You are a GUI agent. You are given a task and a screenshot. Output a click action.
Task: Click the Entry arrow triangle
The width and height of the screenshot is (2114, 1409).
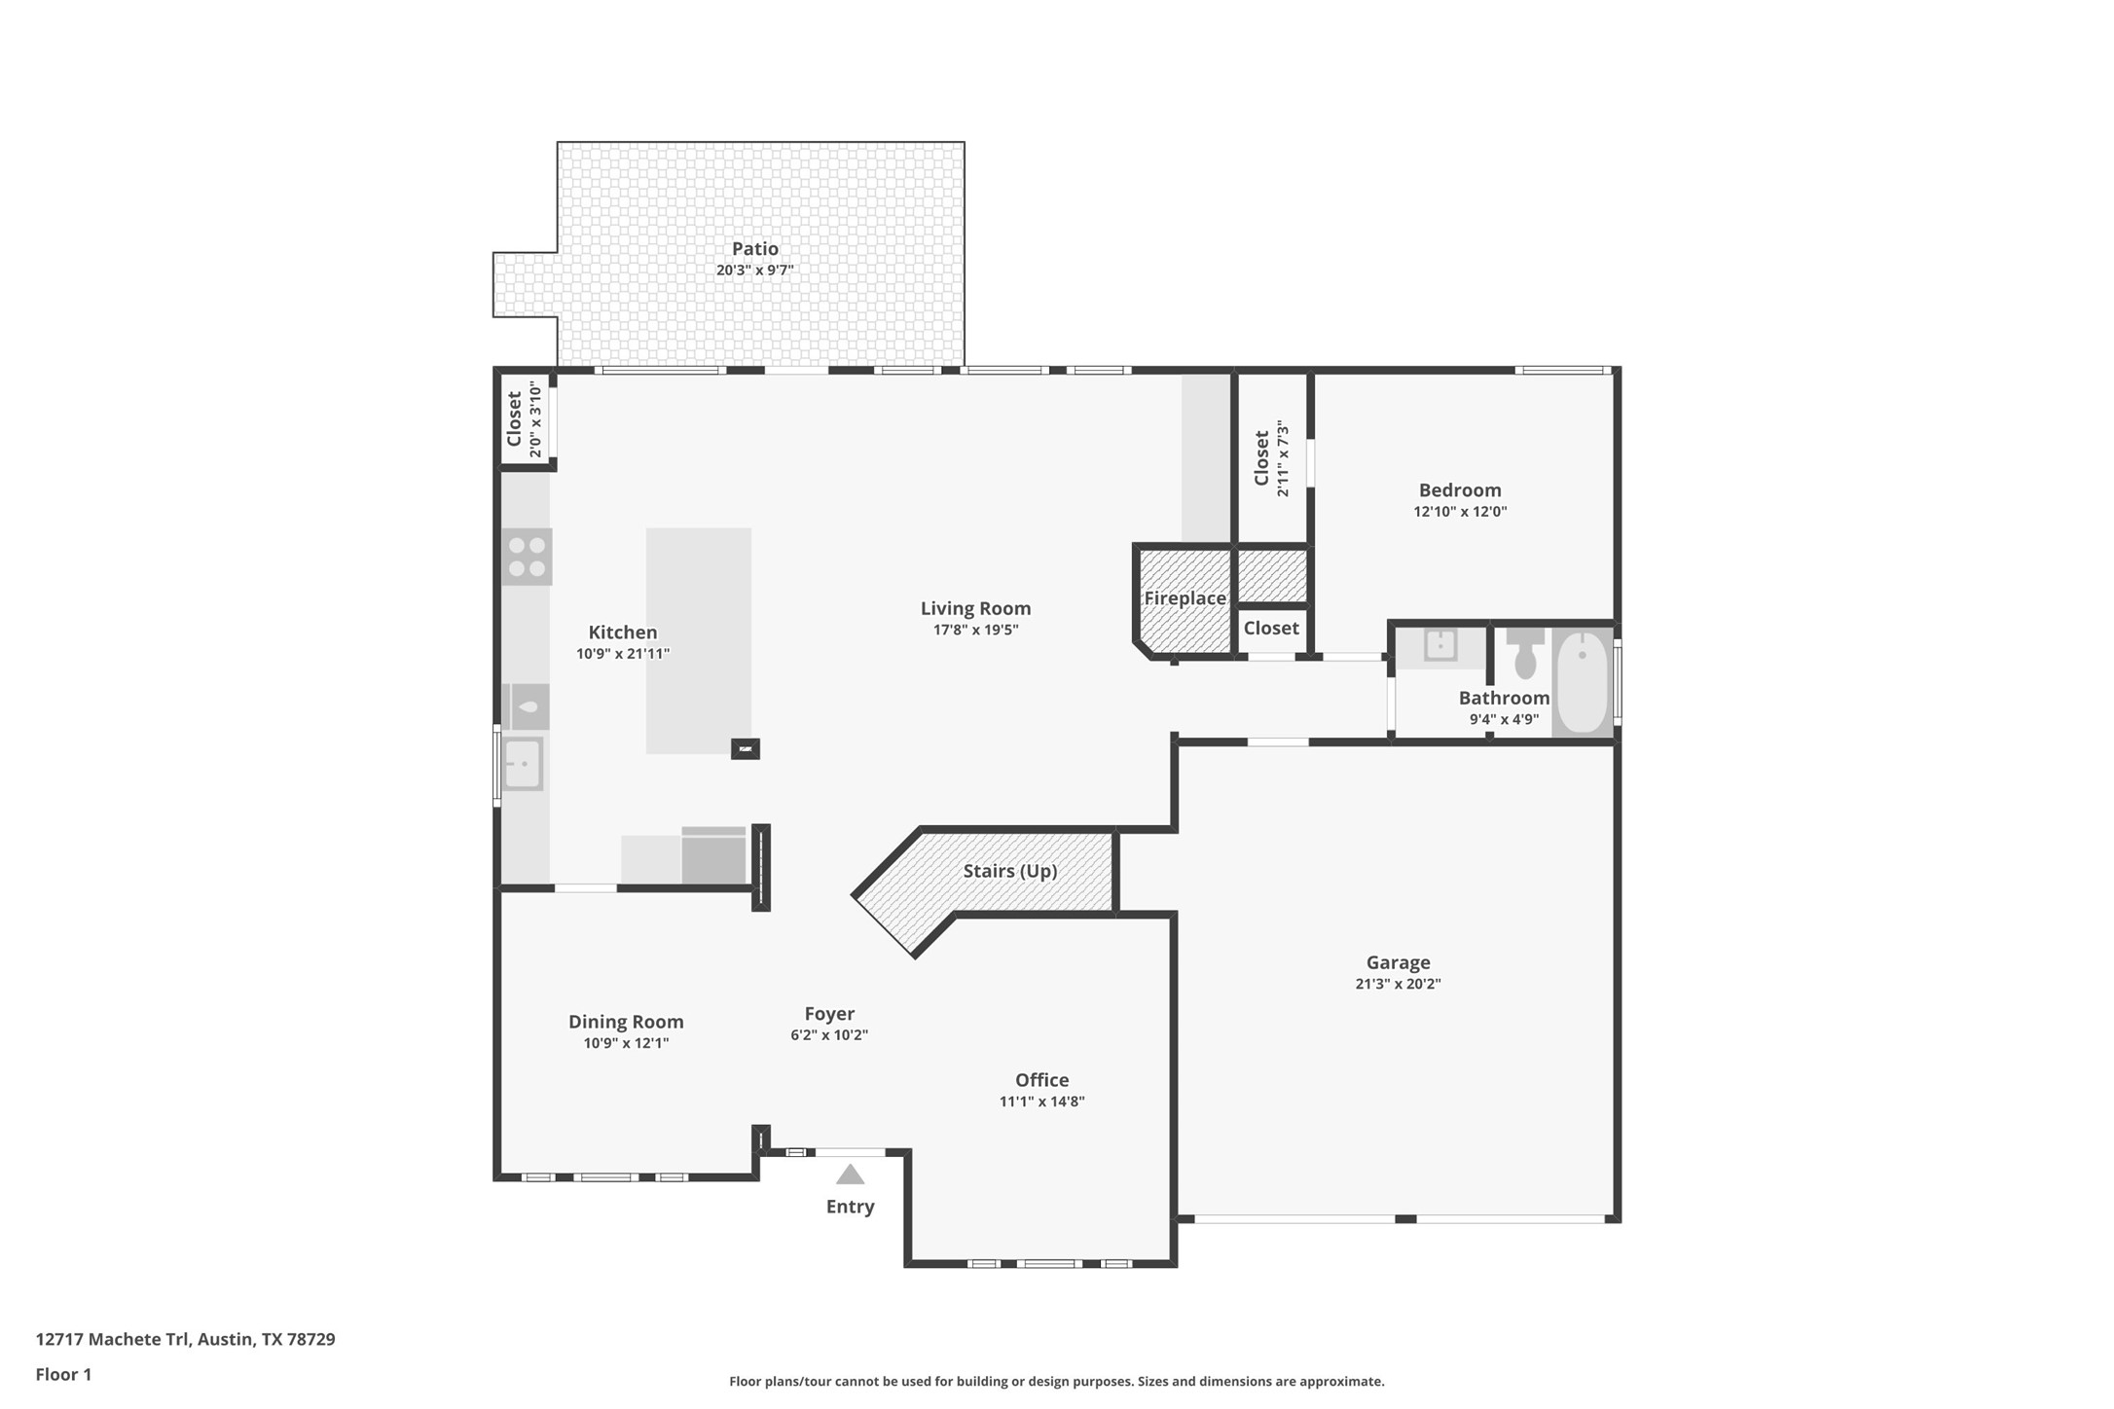[850, 1174]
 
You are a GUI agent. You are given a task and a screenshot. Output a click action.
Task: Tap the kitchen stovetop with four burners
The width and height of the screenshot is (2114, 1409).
[527, 557]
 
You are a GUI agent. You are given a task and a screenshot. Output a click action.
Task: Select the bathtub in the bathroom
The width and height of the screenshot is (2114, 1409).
[1582, 681]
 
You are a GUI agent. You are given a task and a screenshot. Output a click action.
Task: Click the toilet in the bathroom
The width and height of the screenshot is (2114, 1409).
[1525, 654]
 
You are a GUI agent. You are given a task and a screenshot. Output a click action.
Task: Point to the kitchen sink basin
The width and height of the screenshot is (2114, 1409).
[523, 764]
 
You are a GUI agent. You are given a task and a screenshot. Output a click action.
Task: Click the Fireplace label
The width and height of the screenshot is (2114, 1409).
[1185, 598]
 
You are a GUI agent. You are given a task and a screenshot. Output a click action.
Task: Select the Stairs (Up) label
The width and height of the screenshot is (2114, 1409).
[1009, 871]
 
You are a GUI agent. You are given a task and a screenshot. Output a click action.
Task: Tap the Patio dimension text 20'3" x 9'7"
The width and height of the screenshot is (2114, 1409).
[754, 271]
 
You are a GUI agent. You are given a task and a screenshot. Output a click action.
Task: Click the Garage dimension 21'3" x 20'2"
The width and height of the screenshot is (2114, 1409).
[1398, 984]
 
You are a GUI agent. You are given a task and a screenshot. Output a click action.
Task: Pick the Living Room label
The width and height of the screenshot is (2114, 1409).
[975, 608]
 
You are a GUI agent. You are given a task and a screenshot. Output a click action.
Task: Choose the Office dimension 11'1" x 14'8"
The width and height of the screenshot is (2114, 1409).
[1041, 1102]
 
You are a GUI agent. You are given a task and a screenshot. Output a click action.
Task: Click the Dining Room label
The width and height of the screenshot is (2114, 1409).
[626, 1022]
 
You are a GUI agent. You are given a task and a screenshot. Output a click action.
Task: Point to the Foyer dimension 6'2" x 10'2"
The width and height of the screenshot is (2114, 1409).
[829, 1035]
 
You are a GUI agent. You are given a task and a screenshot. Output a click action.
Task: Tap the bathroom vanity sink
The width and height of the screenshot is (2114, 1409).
[1440, 645]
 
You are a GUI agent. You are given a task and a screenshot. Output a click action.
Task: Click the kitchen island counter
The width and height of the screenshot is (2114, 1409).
[698, 640]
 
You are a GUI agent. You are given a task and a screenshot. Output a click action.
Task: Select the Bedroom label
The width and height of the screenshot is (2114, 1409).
[1459, 490]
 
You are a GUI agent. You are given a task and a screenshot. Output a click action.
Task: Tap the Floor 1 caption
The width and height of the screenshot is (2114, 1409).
[63, 1374]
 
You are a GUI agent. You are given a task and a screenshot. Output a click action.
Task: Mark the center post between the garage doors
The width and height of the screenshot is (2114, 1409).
[1404, 1219]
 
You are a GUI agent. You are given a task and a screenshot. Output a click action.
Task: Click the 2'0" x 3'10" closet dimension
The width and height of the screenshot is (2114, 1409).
[534, 419]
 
